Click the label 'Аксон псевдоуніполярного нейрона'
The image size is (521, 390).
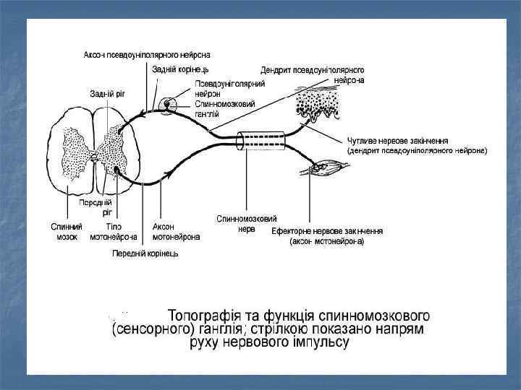pos(147,55)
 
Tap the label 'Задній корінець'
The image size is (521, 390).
pos(180,69)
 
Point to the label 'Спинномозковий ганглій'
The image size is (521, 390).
pos(224,108)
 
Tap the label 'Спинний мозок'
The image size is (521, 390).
pos(67,231)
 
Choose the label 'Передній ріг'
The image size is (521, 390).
pos(106,208)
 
